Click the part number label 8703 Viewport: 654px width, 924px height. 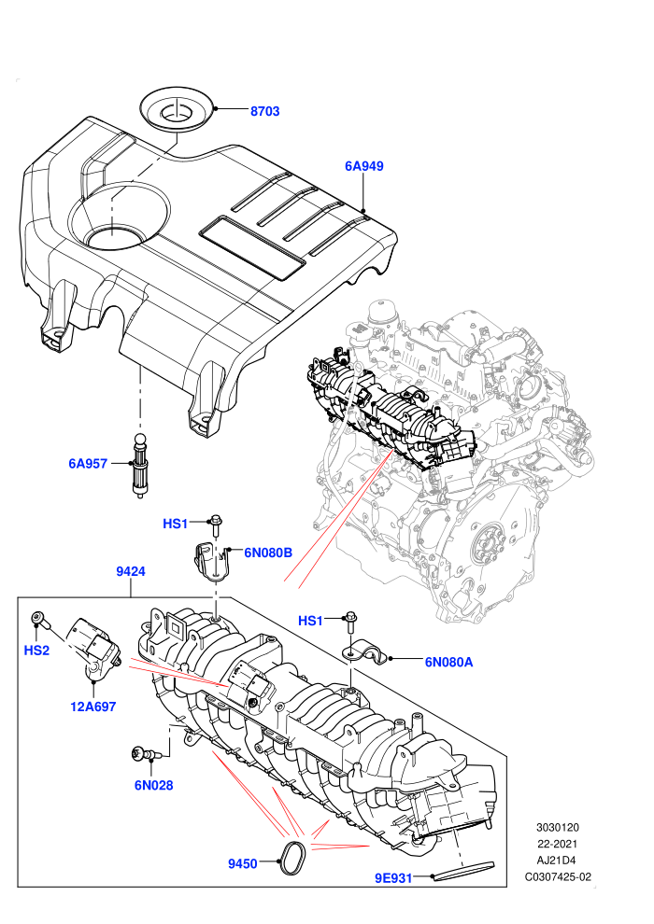point(264,111)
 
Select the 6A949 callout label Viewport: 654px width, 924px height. point(363,166)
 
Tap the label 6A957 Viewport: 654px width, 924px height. point(88,464)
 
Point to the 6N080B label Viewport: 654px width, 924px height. point(268,553)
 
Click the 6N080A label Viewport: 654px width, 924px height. point(448,662)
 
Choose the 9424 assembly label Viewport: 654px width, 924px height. point(130,571)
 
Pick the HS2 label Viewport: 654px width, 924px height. point(36,651)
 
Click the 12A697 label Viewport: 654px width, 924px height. point(93,707)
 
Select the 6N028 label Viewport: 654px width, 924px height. point(153,785)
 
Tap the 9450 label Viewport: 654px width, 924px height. point(243,864)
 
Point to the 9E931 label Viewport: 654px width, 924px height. point(393,878)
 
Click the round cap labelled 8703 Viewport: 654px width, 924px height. point(178,112)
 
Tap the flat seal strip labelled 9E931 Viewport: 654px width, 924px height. point(464,871)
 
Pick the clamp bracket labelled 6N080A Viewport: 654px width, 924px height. point(363,653)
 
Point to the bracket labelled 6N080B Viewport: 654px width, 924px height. point(211,560)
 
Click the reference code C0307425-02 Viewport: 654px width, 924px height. point(558,876)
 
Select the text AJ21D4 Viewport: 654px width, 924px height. point(557,861)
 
